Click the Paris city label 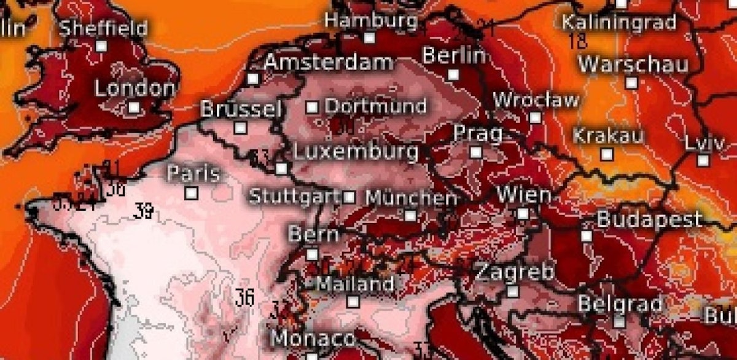click(193, 174)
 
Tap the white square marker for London click(134, 108)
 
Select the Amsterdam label click(329, 62)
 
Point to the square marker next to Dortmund click(312, 107)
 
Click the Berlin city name click(454, 56)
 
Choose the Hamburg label click(371, 20)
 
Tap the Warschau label click(633, 64)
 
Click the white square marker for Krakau click(607, 154)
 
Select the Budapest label click(649, 219)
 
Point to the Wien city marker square click(523, 214)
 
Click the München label click(411, 198)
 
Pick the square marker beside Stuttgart click(349, 197)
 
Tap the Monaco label click(313, 338)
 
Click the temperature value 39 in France click(144, 212)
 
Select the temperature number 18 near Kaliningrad click(578, 42)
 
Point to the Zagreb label click(515, 272)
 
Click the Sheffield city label click(103, 28)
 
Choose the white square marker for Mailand click(353, 301)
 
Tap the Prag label click(478, 133)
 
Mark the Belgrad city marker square click(619, 321)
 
